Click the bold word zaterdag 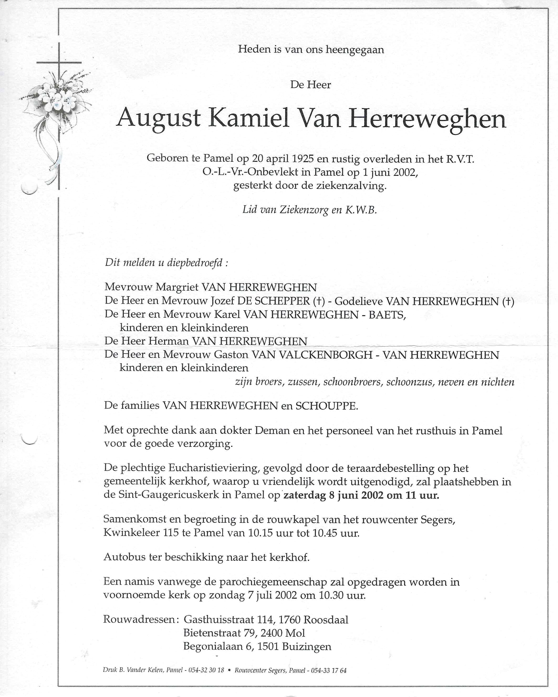pyautogui.click(x=305, y=496)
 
